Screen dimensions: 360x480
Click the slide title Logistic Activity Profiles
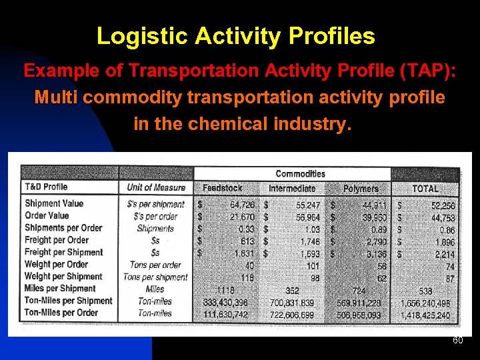[235, 36]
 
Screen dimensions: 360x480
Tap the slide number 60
[457, 341]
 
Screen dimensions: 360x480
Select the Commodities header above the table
[300, 174]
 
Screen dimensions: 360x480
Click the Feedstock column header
[222, 189]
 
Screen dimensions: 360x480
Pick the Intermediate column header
[292, 189]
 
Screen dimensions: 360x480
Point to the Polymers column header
[360, 189]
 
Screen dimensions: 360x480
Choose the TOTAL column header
[425, 189]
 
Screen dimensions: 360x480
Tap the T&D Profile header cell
[46, 187]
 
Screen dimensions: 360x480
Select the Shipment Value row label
[54, 203]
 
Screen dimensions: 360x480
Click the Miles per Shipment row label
[60, 289]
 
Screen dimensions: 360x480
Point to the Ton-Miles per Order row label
[61, 313]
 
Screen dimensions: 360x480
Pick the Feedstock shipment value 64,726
[242, 205]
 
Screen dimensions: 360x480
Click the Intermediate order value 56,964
[305, 217]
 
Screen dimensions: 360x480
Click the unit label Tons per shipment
[155, 277]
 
